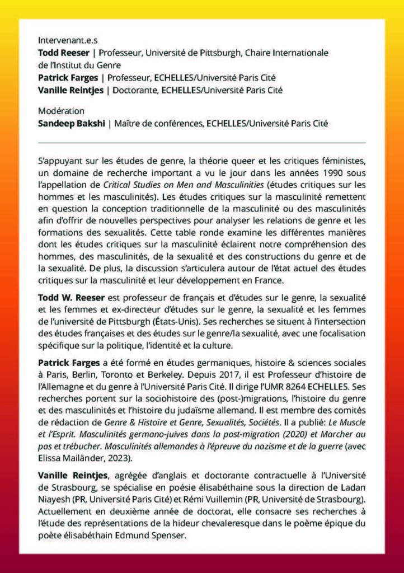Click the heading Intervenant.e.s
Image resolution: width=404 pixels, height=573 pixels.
pos(64,41)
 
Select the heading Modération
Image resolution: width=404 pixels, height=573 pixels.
pos(61,111)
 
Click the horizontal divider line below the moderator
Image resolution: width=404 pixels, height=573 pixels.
pos(201,143)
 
